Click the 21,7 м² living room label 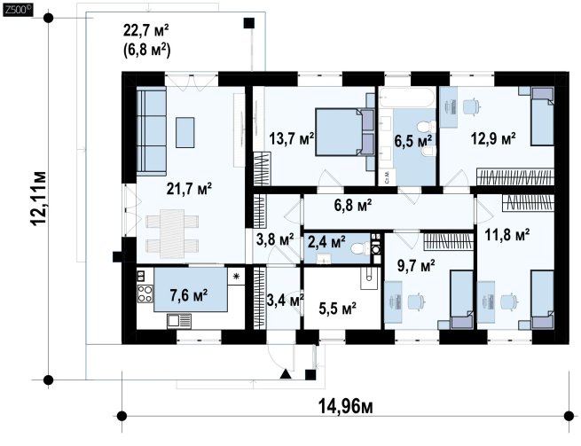189,189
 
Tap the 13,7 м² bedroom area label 292,139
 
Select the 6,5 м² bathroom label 413,141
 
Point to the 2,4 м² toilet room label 326,242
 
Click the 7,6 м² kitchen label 189,295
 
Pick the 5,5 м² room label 338,308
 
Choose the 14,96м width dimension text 346,407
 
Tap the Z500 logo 17,10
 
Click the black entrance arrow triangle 286,374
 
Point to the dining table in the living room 172,234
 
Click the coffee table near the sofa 185,132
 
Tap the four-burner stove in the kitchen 145,293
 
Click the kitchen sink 179,321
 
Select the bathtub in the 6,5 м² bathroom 407,98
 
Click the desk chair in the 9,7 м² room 415,301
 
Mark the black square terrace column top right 249,23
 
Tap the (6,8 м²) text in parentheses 146,50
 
